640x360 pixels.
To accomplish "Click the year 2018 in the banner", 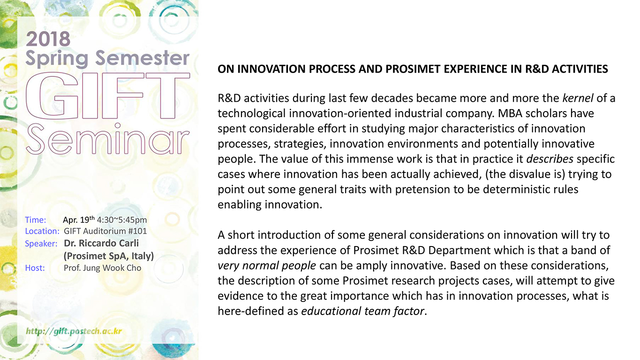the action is pos(48,39).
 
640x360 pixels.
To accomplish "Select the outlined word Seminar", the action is pos(108,139).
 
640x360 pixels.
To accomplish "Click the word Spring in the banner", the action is pos(57,59).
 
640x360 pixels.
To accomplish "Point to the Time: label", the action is pos(36,220).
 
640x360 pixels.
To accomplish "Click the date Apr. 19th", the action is pos(79,219).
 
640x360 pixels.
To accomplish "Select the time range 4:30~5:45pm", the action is pos(122,220).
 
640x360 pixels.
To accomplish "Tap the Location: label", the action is pos(42,231).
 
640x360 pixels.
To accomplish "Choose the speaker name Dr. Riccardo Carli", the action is pos(101,243).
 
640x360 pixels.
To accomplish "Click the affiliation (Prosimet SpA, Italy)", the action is pos(109,256).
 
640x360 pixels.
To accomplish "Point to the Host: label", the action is pos(35,268).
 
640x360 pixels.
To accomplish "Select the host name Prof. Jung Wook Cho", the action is pos(102,268).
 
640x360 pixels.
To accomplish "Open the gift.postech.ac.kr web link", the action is pos(74,331).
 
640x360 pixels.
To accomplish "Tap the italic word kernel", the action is pos(578,98).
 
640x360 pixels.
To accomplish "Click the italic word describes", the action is pos(550,159).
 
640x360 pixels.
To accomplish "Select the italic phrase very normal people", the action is pos(267,266).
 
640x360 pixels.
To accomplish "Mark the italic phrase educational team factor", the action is pos(362,311).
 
